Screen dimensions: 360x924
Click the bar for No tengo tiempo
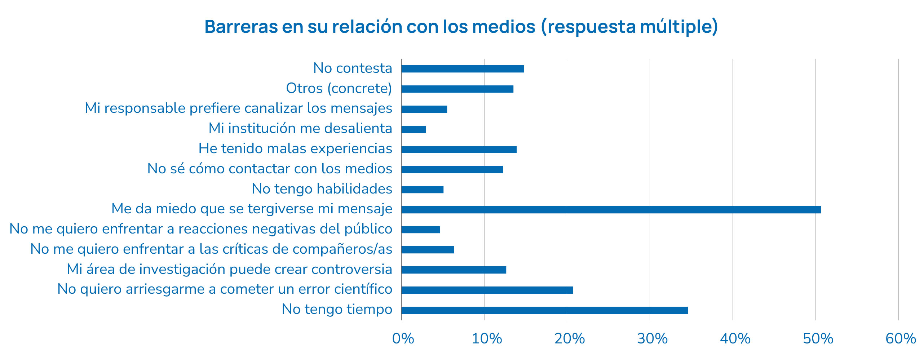[544, 310]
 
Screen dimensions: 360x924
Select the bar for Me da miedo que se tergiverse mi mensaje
[611, 210]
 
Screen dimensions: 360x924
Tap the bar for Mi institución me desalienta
[414, 129]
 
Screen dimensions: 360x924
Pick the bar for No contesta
[463, 69]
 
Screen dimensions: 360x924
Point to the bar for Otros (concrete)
[457, 89]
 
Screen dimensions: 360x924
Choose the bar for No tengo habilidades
[422, 190]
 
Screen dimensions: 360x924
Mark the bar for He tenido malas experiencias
[459, 149]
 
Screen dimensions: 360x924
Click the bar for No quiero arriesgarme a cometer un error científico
[487, 290]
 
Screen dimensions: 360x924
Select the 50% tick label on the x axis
[818, 339]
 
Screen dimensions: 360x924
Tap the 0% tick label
[403, 339]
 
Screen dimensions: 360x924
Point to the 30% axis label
[652, 339]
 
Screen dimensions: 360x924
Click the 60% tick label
[901, 339]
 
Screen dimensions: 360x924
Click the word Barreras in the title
[241, 27]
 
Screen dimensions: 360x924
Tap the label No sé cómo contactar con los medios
[270, 169]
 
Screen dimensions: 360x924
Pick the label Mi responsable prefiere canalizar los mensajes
[238, 108]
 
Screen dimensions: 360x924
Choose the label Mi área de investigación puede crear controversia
[229, 269]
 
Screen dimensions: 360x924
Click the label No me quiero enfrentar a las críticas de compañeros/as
[211, 249]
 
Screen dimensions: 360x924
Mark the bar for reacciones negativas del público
[420, 230]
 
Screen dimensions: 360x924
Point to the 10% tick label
[486, 339]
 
